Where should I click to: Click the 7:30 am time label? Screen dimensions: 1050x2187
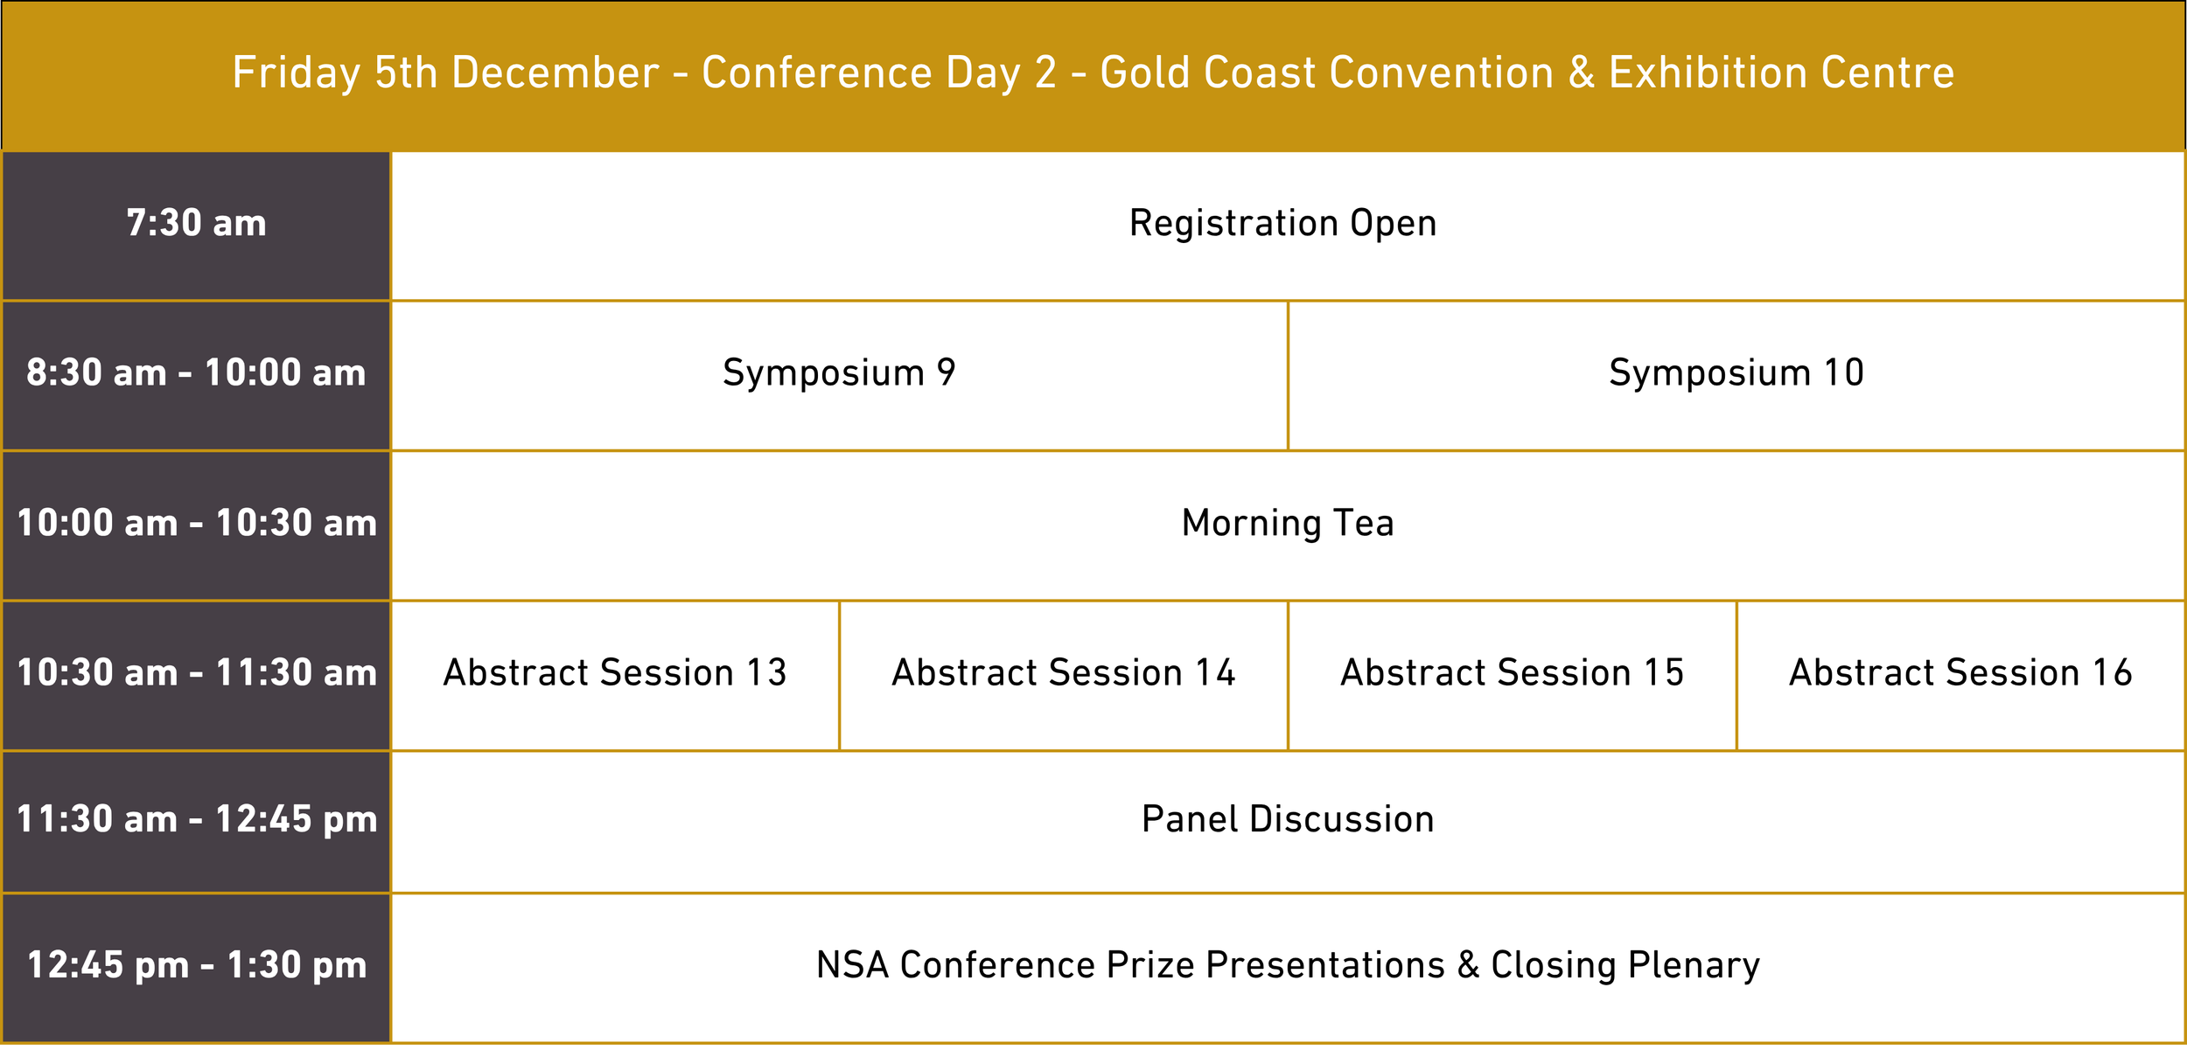(x=196, y=224)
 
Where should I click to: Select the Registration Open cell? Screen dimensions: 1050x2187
(x=1282, y=224)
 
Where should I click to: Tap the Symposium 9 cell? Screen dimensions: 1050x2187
(x=839, y=373)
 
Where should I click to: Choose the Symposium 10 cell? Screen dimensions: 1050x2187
(x=1736, y=373)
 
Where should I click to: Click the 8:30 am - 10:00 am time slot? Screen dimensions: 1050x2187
(x=196, y=373)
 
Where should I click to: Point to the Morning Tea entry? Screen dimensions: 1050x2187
(x=1287, y=524)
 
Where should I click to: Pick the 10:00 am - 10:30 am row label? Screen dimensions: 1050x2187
(x=196, y=524)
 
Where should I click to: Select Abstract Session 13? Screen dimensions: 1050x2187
(x=615, y=673)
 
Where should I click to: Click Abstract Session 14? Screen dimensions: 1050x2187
(x=1063, y=673)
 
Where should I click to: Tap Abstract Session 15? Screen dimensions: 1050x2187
(x=1512, y=673)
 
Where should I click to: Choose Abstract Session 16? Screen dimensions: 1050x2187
(x=1960, y=673)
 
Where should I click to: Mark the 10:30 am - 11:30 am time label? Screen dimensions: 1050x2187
(x=196, y=673)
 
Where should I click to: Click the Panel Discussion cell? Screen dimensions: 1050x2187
(x=1287, y=820)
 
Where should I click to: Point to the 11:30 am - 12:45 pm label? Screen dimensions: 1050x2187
(x=196, y=820)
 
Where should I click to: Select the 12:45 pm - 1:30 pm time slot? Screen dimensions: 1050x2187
(x=196, y=966)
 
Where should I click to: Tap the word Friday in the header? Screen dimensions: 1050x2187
(x=296, y=73)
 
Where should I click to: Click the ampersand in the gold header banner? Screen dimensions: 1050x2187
(x=1581, y=73)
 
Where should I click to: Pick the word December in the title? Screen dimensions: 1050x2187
(x=555, y=73)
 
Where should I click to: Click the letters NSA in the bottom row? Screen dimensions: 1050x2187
(x=852, y=966)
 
